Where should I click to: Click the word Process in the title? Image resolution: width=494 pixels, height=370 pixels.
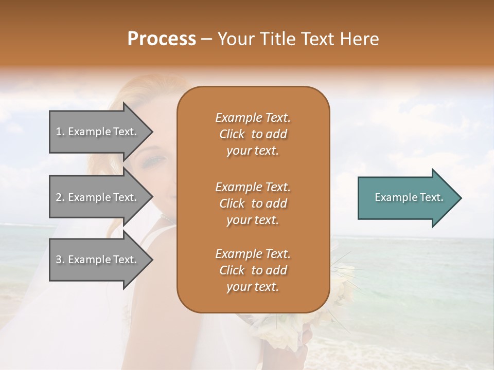162,39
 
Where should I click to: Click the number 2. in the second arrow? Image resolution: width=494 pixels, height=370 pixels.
60,197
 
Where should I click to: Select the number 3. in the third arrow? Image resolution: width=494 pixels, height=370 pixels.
60,260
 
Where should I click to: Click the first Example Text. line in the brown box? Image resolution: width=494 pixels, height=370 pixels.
253,118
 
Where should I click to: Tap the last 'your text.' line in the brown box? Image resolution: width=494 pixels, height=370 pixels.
253,287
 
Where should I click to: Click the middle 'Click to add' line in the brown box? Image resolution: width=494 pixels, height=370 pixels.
253,203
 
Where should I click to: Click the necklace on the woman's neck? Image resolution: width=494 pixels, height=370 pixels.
168,219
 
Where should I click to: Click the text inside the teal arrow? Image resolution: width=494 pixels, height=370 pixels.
409,197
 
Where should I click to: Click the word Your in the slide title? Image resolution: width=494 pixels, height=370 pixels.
235,39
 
